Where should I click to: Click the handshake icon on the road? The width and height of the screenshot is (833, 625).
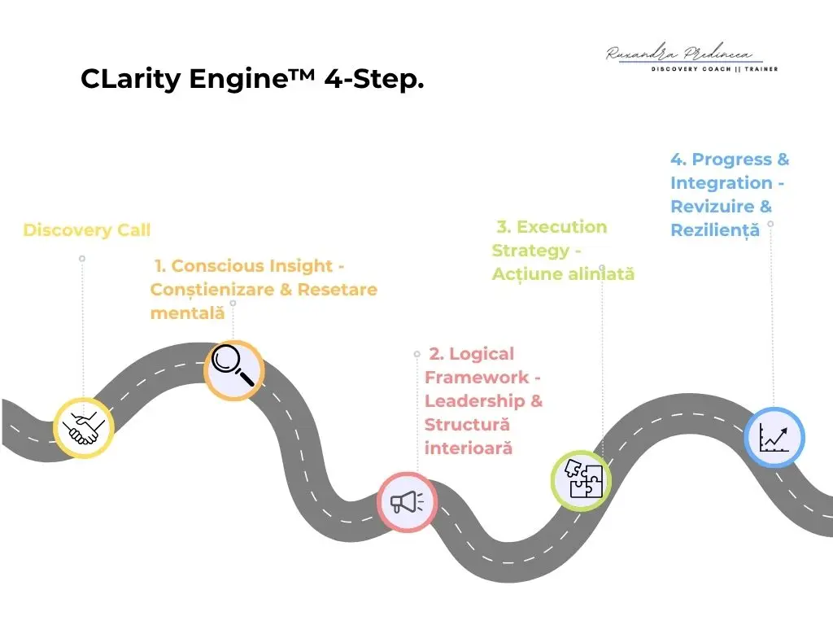pyautogui.click(x=83, y=428)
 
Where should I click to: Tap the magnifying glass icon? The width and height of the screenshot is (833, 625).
pyautogui.click(x=233, y=370)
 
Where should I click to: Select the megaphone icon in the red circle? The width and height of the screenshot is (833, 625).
pyautogui.click(x=407, y=502)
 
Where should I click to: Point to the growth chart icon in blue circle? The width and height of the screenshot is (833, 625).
pyautogui.click(x=774, y=438)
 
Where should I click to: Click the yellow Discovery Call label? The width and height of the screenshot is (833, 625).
pyautogui.click(x=87, y=230)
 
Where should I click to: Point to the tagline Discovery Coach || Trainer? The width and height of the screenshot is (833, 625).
pyautogui.click(x=714, y=69)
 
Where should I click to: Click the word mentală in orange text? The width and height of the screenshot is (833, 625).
pyautogui.click(x=187, y=312)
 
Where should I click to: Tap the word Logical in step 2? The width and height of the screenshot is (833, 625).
pyautogui.click(x=482, y=354)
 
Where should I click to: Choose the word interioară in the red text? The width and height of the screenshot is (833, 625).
pyautogui.click(x=468, y=448)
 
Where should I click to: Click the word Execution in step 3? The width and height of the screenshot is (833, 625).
pyautogui.click(x=562, y=227)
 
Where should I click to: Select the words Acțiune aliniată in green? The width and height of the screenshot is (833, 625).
pyautogui.click(x=563, y=274)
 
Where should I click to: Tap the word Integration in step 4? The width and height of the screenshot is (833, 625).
pyautogui.click(x=721, y=183)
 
